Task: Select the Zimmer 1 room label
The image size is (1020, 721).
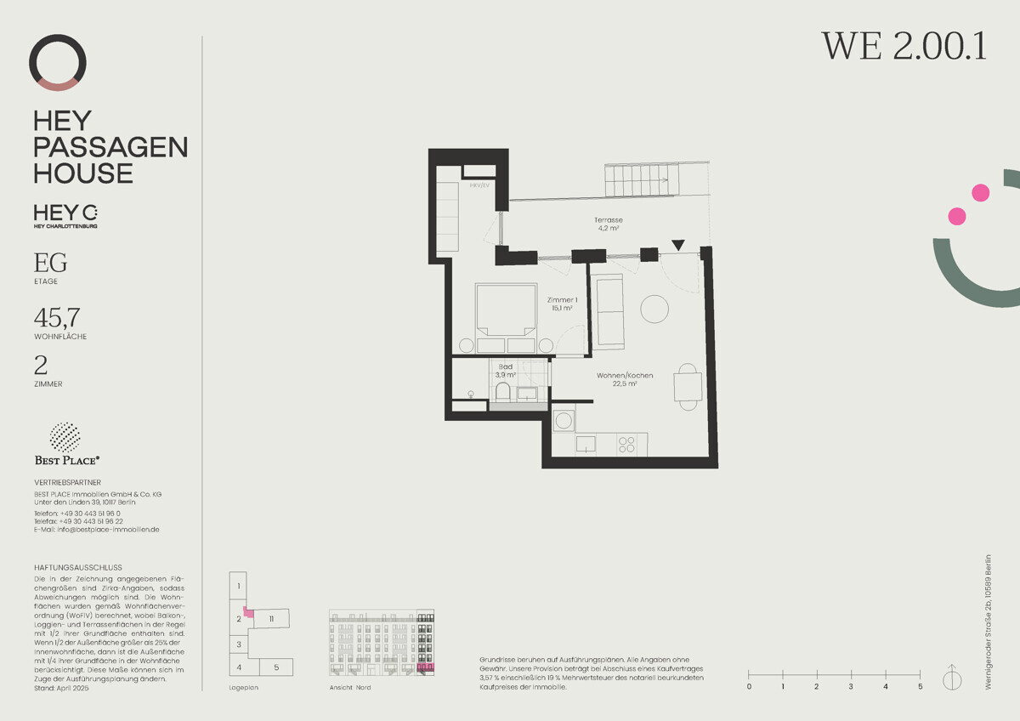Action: [562, 304]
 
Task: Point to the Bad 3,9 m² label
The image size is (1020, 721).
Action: [506, 370]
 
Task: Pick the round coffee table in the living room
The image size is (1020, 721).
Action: [655, 308]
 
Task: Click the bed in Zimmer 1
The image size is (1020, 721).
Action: [506, 318]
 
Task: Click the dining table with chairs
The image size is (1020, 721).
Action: [688, 387]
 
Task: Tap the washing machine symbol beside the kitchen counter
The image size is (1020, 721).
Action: [564, 420]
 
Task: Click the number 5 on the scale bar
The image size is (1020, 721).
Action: [920, 686]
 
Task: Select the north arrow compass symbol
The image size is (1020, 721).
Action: [951, 678]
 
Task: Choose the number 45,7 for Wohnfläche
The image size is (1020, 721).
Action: [57, 318]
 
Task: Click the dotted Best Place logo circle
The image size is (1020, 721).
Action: [65, 437]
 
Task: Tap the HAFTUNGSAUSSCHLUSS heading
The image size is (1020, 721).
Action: [78, 567]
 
